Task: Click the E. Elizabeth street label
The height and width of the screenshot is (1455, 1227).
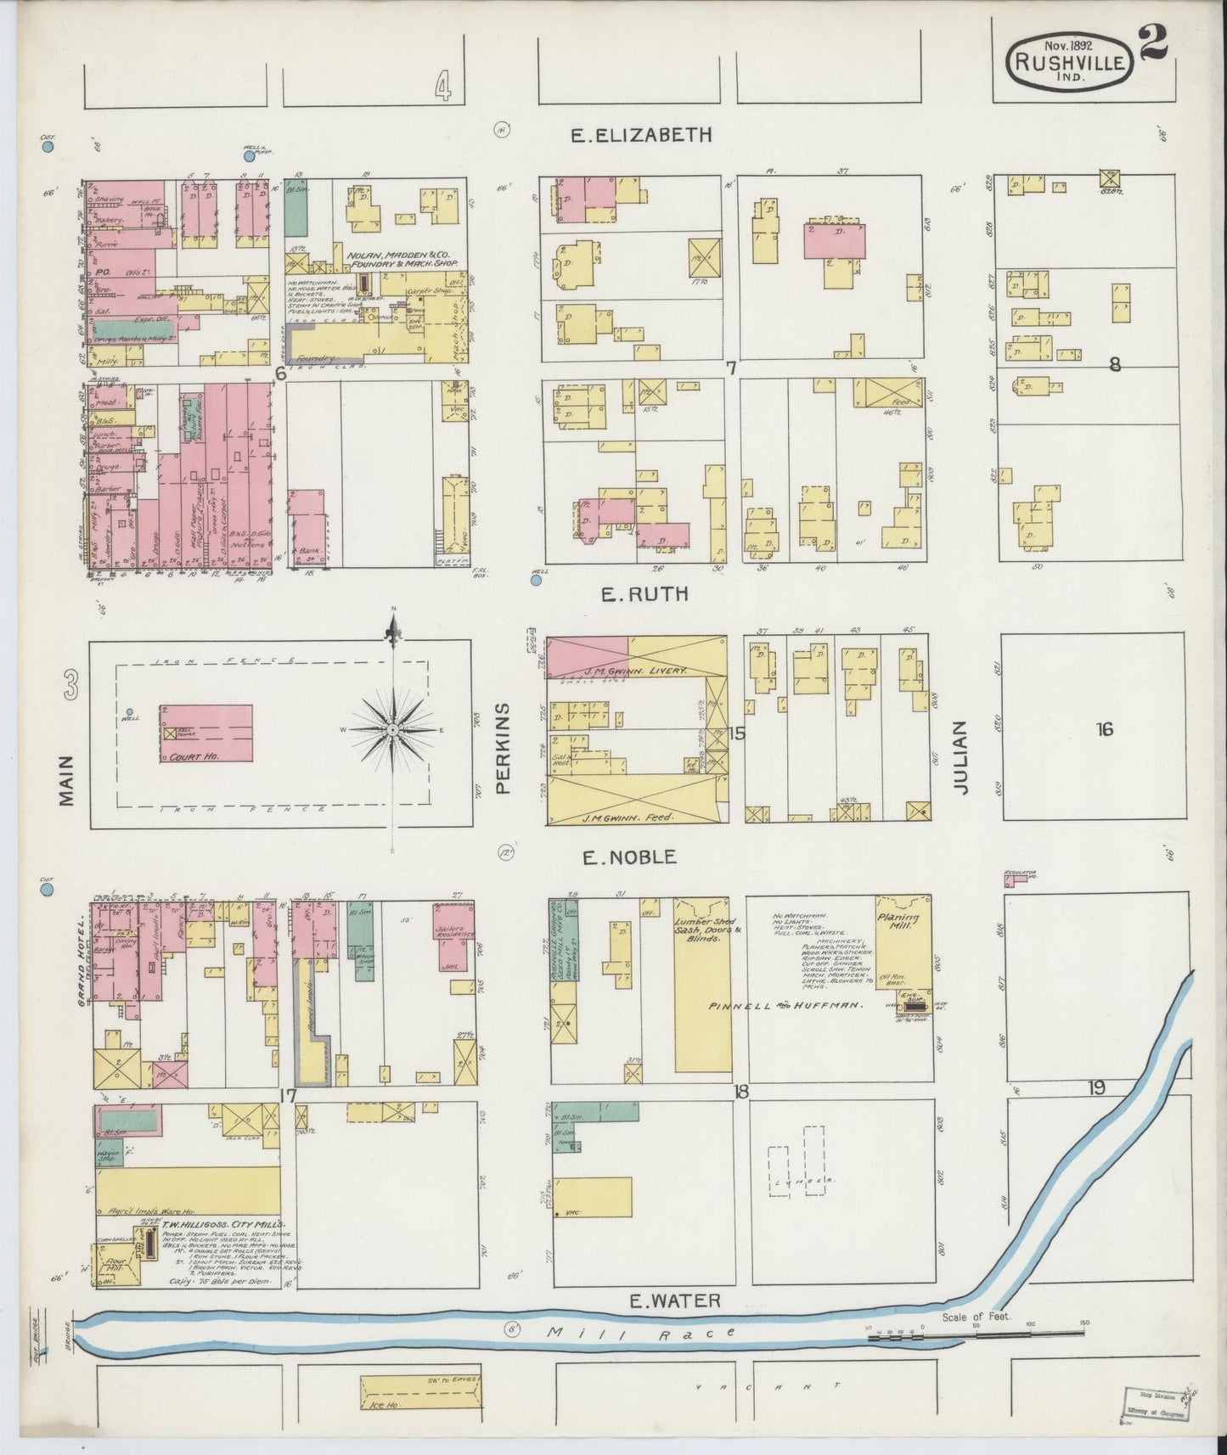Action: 641,135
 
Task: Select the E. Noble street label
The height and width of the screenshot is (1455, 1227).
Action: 629,857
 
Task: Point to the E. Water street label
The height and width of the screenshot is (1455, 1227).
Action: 675,1300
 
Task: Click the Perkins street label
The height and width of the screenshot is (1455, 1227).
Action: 503,748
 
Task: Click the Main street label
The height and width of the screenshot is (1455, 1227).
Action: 67,780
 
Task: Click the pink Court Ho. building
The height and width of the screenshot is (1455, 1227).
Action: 206,733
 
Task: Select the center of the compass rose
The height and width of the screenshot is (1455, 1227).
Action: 393,730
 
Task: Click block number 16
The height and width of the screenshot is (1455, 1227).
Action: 1104,728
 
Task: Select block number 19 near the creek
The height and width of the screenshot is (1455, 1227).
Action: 1096,1088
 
